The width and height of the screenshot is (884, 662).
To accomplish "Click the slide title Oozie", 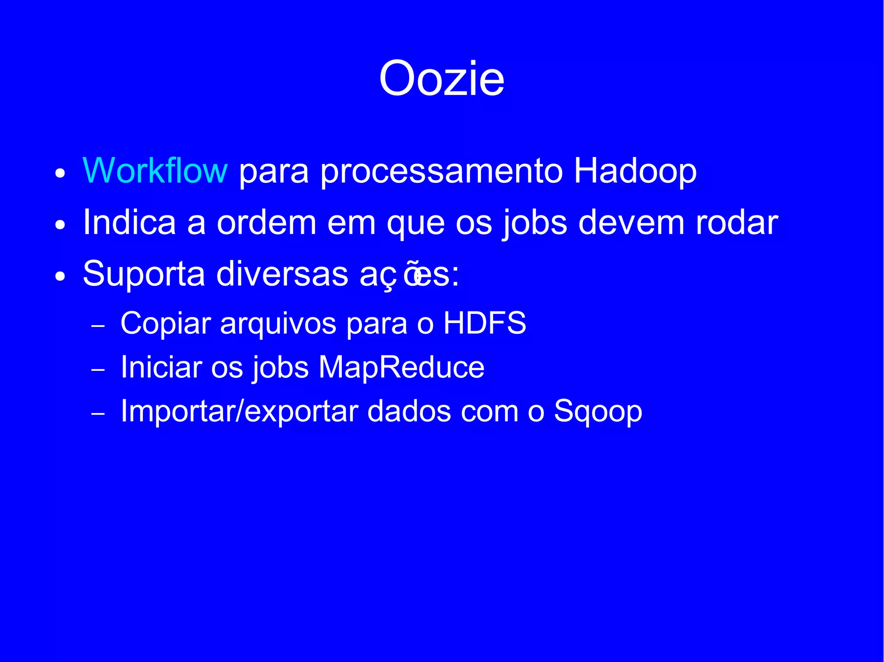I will [x=442, y=79].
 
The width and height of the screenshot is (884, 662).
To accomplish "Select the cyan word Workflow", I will [x=155, y=171].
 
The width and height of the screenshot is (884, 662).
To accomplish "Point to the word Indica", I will [x=129, y=223].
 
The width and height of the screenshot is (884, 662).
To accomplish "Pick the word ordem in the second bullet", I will [x=266, y=223].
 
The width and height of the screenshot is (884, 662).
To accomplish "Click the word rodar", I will [x=736, y=223].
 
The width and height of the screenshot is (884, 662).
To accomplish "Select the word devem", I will [x=631, y=223].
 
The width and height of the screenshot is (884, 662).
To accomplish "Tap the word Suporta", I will [x=144, y=274].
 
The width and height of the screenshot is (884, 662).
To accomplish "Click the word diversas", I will [x=282, y=273].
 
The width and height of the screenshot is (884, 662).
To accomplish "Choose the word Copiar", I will [x=166, y=323].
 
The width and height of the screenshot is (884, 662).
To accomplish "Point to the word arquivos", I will [x=278, y=323].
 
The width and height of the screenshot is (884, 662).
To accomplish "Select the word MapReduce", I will [x=401, y=367].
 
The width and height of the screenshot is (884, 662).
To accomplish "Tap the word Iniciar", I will [x=161, y=367].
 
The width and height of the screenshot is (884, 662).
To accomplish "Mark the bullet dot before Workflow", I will [x=60, y=174].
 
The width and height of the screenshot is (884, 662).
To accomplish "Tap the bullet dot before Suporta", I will [x=60, y=276].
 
